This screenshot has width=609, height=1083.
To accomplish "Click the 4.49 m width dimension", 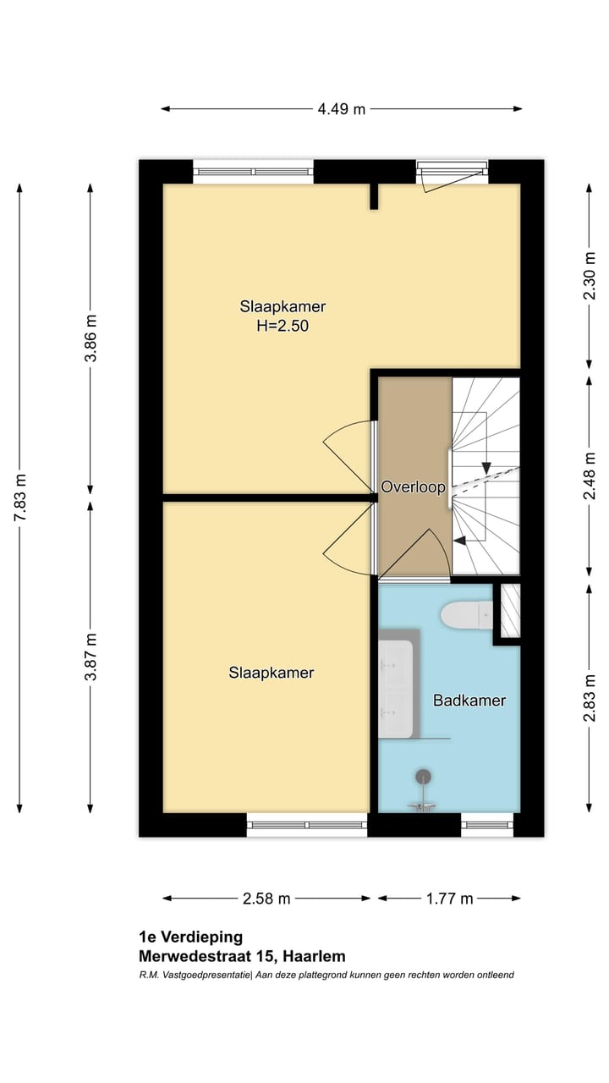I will [341, 109].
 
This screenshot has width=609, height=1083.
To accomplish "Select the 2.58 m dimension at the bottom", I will [266, 899].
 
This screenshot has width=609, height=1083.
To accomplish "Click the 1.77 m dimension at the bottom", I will [449, 899].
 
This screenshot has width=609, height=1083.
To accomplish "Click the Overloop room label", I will [413, 487].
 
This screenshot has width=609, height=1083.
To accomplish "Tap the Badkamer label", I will [469, 700].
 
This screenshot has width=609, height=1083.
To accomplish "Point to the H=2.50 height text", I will [283, 325].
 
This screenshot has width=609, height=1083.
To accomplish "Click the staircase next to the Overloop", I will [485, 474].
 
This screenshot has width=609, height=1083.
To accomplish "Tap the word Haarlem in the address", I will [315, 957].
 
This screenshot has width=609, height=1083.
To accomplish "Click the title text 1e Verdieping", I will [190, 937].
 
